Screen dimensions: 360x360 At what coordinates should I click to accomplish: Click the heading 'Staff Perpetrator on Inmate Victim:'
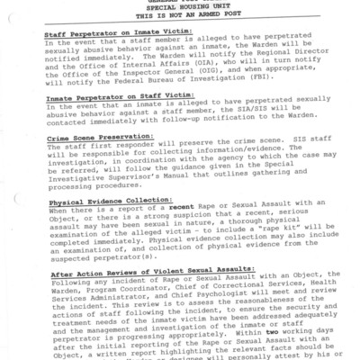pyautogui.click(x=108, y=33)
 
